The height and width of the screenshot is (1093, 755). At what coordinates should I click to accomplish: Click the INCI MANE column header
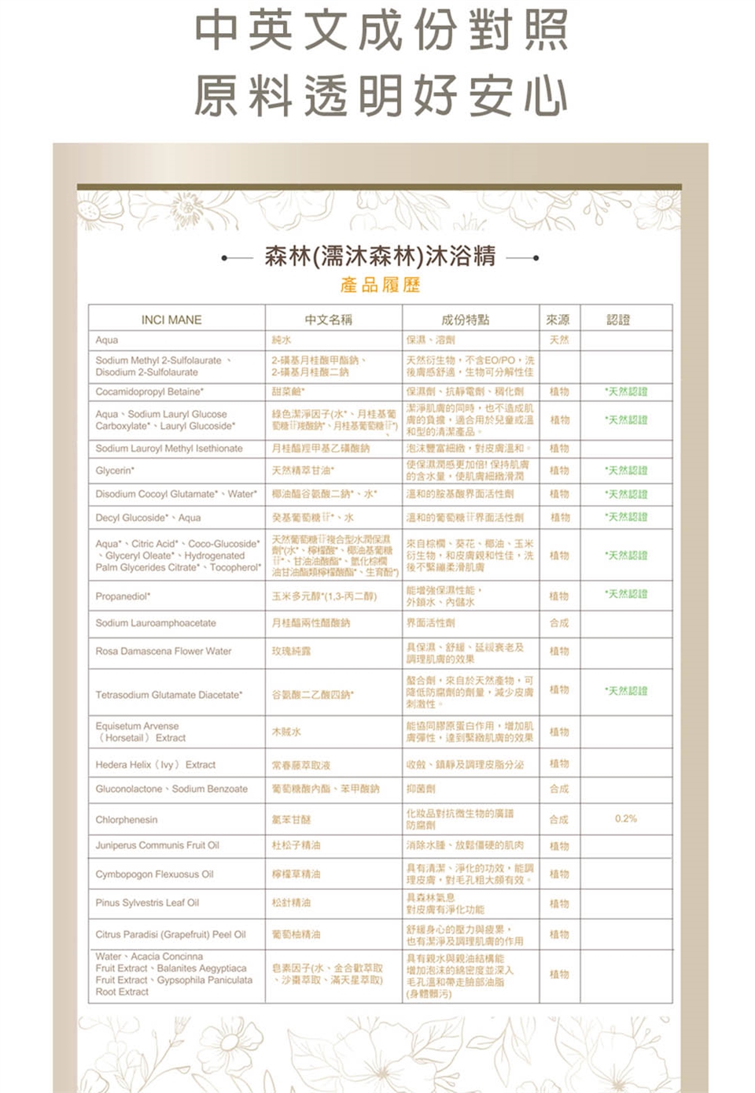[171, 319]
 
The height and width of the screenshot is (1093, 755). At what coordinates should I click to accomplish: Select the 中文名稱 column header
[329, 319]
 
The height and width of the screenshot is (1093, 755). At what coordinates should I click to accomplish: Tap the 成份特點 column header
[465, 319]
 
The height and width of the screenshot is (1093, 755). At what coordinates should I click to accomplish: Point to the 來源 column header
[558, 319]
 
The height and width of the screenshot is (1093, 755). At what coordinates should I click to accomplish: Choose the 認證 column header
[618, 319]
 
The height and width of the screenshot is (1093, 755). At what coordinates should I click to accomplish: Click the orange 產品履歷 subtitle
[381, 285]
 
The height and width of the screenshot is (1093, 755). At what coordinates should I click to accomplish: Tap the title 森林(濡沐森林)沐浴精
[380, 256]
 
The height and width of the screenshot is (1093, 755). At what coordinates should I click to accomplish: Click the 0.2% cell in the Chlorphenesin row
[626, 819]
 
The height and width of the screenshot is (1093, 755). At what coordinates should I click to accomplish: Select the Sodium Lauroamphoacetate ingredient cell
[156, 623]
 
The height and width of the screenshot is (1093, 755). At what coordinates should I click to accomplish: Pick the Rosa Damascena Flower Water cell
[164, 652]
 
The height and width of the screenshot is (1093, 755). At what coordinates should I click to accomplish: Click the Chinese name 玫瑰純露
[291, 652]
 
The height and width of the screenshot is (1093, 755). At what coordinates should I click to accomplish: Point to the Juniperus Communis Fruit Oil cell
[157, 846]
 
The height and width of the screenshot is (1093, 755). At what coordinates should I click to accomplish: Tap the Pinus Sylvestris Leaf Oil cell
[147, 903]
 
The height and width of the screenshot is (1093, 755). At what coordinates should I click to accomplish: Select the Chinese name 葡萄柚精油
[296, 935]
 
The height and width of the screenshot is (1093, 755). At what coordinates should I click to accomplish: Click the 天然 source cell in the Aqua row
[559, 340]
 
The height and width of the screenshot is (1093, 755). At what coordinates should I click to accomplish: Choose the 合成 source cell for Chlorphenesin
[559, 820]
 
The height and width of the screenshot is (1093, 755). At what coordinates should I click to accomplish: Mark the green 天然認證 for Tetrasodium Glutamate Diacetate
[626, 692]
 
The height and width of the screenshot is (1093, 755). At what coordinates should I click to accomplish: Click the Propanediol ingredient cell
[123, 596]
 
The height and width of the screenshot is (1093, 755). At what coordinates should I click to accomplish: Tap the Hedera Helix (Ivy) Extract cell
[156, 765]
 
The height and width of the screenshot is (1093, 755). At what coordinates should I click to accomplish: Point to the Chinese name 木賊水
[286, 733]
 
